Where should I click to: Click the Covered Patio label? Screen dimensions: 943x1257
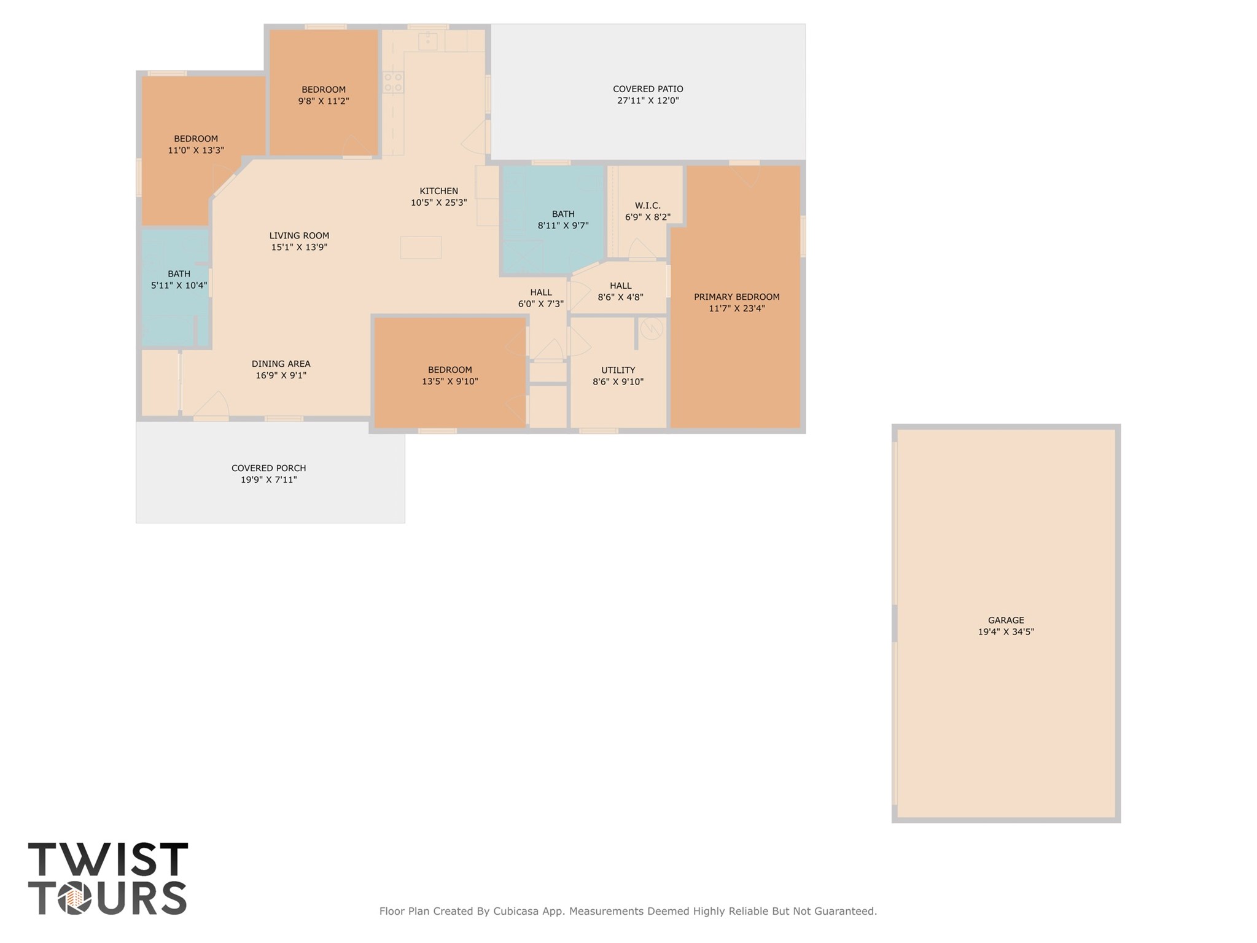click(x=648, y=89)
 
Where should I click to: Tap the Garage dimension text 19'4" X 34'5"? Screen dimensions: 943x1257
click(x=1006, y=632)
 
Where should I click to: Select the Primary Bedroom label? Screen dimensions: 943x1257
click(x=736, y=297)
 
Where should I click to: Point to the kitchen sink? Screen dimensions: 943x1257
click(x=427, y=42)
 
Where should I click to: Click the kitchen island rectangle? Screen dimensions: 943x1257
click(x=421, y=248)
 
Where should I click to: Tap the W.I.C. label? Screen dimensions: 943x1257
click(x=647, y=206)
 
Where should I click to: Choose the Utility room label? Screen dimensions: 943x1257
click(x=618, y=370)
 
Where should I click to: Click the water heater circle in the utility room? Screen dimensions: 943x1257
click(x=651, y=330)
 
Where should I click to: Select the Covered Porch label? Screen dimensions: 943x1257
click(x=268, y=468)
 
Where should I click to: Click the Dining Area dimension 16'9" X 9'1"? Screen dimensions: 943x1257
click(x=281, y=375)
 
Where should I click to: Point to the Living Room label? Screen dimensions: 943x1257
click(x=299, y=235)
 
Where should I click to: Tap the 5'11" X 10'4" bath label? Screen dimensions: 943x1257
click(x=179, y=286)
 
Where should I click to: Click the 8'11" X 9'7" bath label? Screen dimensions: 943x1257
click(x=563, y=225)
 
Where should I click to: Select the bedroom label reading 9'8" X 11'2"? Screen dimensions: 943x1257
click(x=324, y=101)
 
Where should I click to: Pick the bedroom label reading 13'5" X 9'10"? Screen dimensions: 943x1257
click(x=449, y=382)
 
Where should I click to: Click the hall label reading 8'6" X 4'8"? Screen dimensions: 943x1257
click(x=620, y=297)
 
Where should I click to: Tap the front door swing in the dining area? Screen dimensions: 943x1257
click(x=212, y=405)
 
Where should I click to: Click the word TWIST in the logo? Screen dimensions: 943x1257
click(x=108, y=859)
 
